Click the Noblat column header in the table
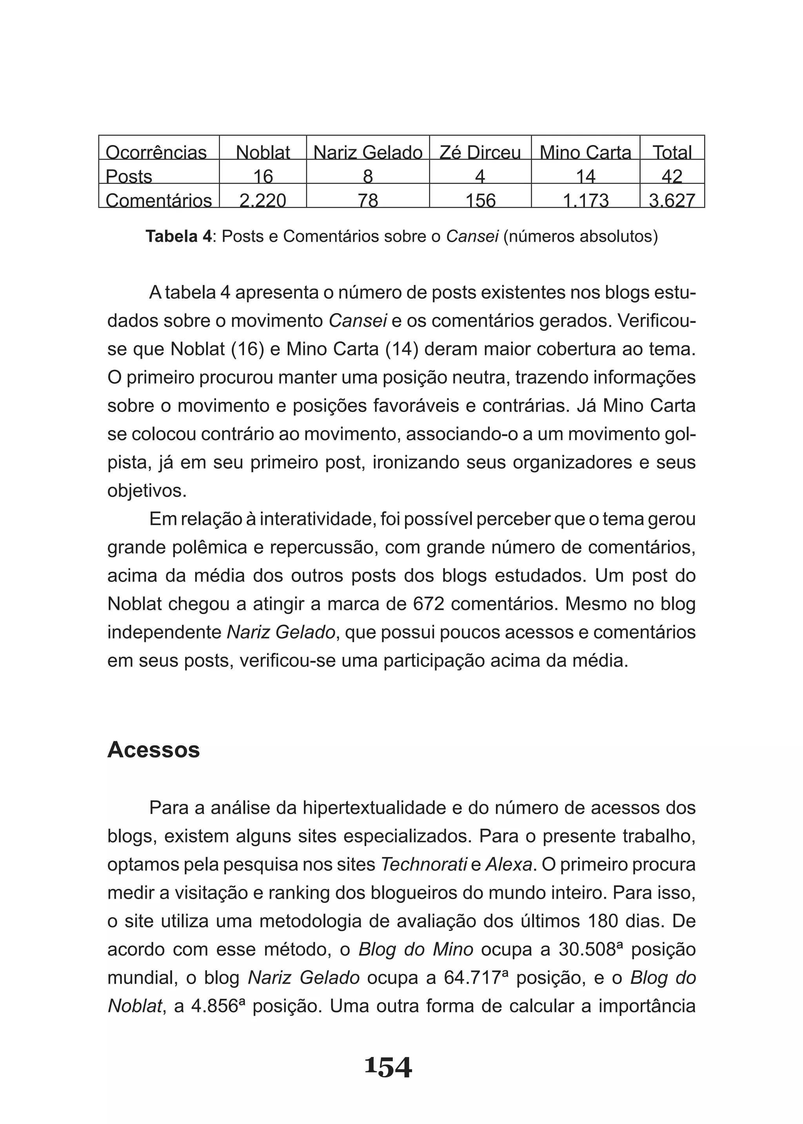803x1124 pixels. pos(263,152)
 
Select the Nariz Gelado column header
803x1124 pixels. pos(367,152)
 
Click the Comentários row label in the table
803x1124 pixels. pos(158,200)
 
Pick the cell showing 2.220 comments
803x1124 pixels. pos(263,200)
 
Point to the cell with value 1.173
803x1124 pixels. pos(585,200)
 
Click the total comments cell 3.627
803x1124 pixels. pos(672,200)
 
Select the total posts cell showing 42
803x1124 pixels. pos(672,176)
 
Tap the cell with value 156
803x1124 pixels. pos(480,200)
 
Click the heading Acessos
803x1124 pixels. pos(153,750)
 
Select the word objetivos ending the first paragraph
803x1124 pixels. pos(146,491)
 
